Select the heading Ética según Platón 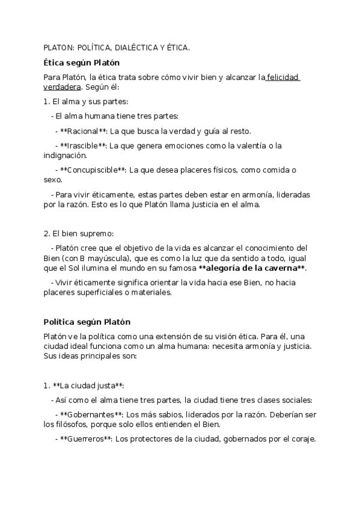click(81, 63)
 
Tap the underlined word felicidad click(283, 77)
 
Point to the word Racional click(84, 131)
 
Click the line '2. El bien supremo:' click(79, 233)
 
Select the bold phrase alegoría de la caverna click(252, 268)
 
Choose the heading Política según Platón click(87, 322)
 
